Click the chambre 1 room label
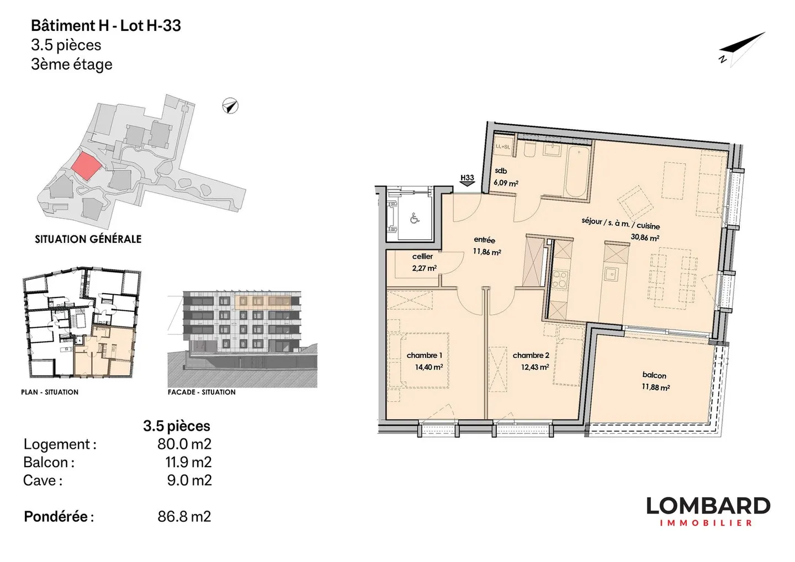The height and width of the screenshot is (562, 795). coord(424,355)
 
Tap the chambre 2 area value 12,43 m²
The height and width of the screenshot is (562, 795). coord(534,367)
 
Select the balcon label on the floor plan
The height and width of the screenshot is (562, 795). coord(654,375)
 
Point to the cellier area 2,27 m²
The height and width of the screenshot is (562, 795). coord(424,268)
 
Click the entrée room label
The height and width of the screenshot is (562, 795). coord(484,240)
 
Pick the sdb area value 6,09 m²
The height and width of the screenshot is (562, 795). coord(506,183)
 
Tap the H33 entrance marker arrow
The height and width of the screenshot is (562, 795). coord(467,184)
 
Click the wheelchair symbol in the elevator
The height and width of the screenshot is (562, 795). coord(414,218)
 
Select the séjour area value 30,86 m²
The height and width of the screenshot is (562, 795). coord(645,238)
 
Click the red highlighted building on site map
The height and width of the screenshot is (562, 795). coord(87,165)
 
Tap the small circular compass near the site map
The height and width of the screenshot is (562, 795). coord(230,106)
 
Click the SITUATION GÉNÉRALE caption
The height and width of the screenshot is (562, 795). coord(88,239)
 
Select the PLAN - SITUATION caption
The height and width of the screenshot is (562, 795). coord(50,392)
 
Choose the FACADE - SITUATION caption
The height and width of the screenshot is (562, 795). coord(202,392)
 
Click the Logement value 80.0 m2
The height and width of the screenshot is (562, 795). coord(184,444)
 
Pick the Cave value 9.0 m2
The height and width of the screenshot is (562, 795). coord(189,480)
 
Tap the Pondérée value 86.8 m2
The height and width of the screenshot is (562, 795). coord(184,517)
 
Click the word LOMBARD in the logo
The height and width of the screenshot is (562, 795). coord(708,506)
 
